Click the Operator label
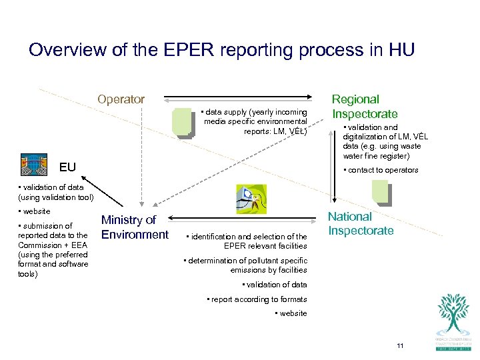click(121, 99)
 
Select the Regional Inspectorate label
click(364, 107)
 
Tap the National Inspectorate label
click(360, 223)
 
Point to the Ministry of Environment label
click(134, 227)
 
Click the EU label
click(67, 166)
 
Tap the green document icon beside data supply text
click(183, 122)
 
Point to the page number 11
click(401, 345)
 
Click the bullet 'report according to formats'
click(257, 299)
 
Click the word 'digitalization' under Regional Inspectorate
click(366, 137)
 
